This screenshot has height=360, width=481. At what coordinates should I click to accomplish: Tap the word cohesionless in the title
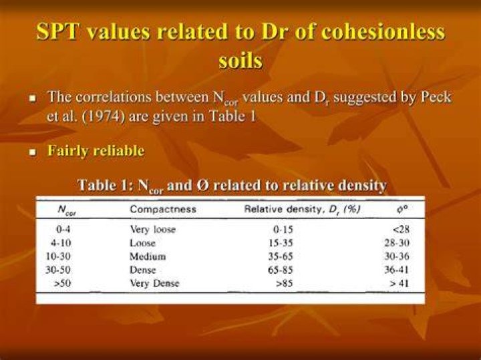coord(381,31)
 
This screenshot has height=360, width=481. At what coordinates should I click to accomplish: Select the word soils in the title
coord(240,60)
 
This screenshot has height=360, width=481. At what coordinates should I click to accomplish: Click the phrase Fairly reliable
coord(96,150)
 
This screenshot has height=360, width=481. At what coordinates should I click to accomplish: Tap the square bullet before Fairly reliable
coord(32,152)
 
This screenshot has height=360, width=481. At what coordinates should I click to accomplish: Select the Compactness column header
coord(163,209)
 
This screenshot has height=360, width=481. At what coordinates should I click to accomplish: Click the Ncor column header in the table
coord(67,210)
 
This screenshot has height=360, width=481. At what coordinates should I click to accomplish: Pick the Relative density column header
coord(302,210)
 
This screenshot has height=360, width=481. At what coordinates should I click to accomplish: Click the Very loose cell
coord(153,229)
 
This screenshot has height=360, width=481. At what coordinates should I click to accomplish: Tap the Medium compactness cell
coord(148,256)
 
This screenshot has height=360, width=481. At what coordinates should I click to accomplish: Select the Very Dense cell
coord(154,283)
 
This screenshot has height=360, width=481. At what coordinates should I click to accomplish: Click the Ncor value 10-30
coord(58,256)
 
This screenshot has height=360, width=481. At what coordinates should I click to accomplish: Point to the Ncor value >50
coord(63,283)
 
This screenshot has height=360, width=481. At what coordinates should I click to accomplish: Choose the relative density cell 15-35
coord(281,243)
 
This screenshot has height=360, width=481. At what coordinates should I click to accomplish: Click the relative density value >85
coord(285,283)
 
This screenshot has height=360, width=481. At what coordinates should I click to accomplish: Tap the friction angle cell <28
coord(401,229)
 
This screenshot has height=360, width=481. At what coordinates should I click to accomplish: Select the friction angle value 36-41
coord(397,270)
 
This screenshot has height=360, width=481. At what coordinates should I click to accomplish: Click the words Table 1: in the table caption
coord(106,185)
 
